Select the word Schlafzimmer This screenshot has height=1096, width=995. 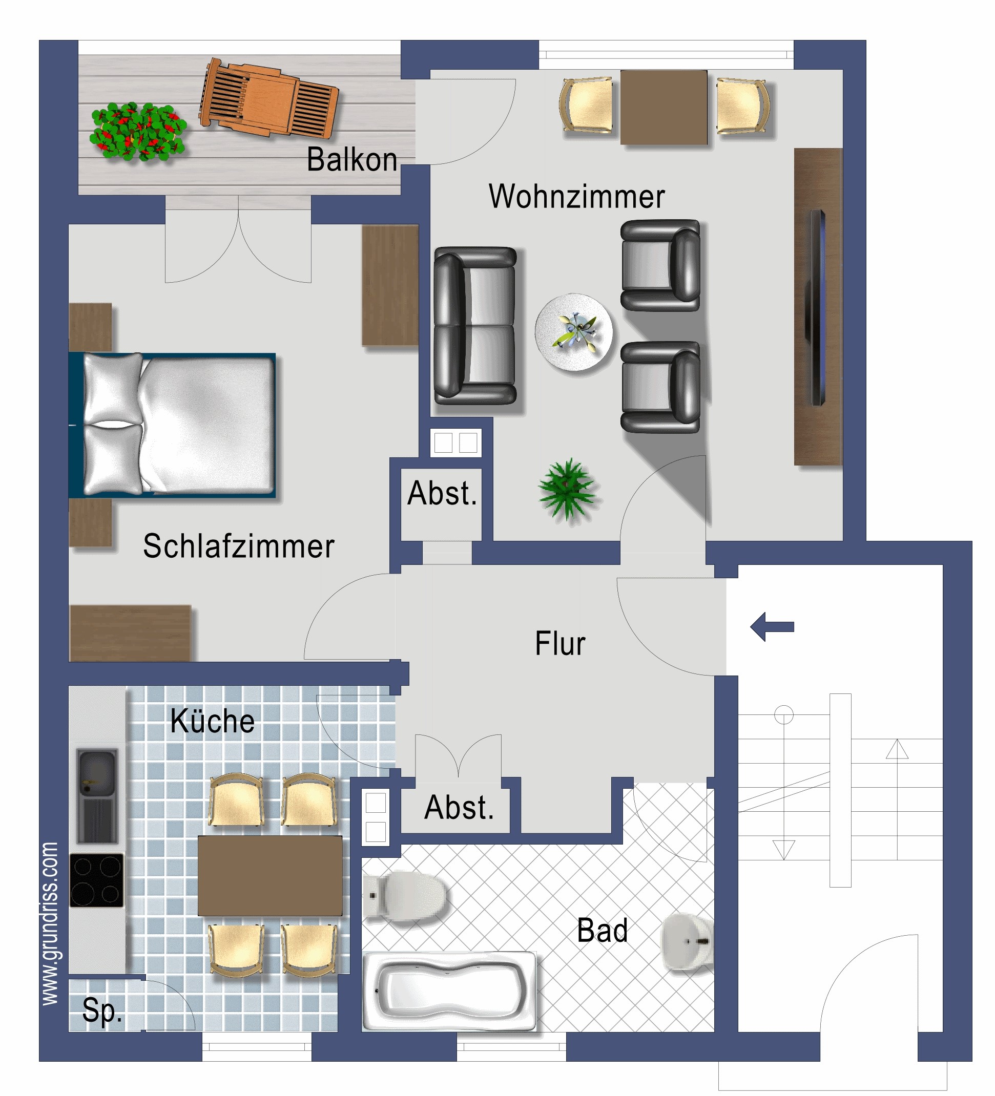[238, 546]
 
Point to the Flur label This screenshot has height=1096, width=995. [561, 643]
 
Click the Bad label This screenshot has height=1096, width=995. [602, 930]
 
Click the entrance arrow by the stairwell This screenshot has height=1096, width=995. [772, 627]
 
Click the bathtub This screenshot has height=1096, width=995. [449, 991]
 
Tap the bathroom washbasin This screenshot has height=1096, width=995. [688, 941]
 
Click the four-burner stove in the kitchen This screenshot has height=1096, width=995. [97, 880]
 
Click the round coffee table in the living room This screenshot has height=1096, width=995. [573, 332]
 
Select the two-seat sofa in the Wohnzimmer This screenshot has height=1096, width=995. [475, 326]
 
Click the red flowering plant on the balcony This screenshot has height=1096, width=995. [138, 132]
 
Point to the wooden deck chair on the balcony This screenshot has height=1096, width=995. [269, 98]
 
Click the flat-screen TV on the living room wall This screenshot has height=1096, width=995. [817, 307]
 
